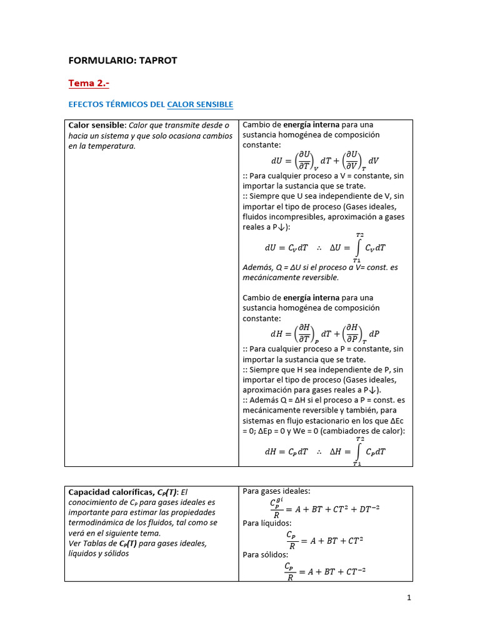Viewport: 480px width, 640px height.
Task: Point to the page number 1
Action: [409, 598]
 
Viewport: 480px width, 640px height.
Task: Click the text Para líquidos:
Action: [267, 523]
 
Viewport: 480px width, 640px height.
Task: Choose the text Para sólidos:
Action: [265, 554]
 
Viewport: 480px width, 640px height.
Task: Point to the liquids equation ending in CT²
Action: [324, 539]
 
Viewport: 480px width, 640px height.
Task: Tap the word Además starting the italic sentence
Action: [257, 267]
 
